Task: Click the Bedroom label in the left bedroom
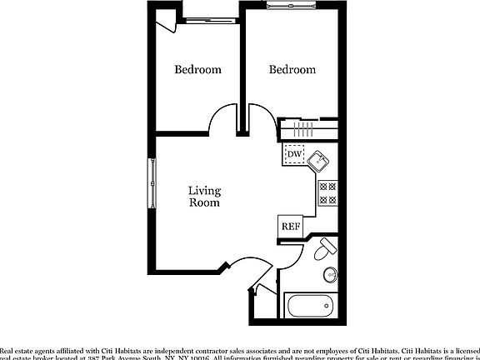(197, 70)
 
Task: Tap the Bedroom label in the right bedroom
(292, 70)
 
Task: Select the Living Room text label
(204, 196)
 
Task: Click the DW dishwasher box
(293, 154)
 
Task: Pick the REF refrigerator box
(290, 226)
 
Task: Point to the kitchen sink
(320, 159)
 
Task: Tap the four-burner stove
(327, 193)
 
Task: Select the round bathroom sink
(331, 274)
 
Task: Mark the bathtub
(312, 306)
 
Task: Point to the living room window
(152, 182)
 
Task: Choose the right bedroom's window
(292, 7)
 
